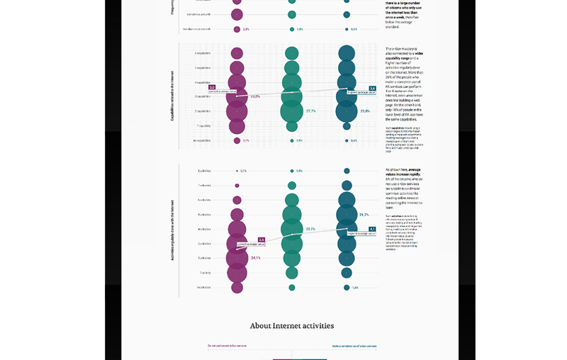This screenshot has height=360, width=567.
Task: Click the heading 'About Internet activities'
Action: (x=291, y=326)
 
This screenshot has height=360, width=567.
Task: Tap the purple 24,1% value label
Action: (x=256, y=258)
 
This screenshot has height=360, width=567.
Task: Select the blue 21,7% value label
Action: (x=364, y=215)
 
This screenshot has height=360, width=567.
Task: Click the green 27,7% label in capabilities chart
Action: (x=310, y=111)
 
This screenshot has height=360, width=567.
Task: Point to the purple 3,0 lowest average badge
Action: (x=212, y=87)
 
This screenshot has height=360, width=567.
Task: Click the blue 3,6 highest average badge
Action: (x=372, y=89)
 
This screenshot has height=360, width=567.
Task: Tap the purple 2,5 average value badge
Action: (x=262, y=240)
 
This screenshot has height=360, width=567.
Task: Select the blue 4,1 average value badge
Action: (x=372, y=229)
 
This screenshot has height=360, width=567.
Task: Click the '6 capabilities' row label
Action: (x=202, y=53)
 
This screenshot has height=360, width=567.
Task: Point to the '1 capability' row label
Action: (x=203, y=126)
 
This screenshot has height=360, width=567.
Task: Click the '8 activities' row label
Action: (x=203, y=171)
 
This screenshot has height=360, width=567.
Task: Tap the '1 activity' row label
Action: (x=204, y=273)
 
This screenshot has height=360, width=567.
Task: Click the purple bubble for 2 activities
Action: (x=237, y=258)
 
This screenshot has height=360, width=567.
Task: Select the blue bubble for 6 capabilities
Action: (x=347, y=53)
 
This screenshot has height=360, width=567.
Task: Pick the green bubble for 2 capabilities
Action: (x=291, y=111)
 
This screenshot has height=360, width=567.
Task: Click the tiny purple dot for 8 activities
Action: (x=237, y=171)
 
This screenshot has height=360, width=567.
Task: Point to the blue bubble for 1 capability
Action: (x=347, y=126)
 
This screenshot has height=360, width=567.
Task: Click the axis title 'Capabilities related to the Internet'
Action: (x=172, y=96)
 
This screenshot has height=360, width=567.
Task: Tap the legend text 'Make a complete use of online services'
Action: (x=354, y=346)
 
